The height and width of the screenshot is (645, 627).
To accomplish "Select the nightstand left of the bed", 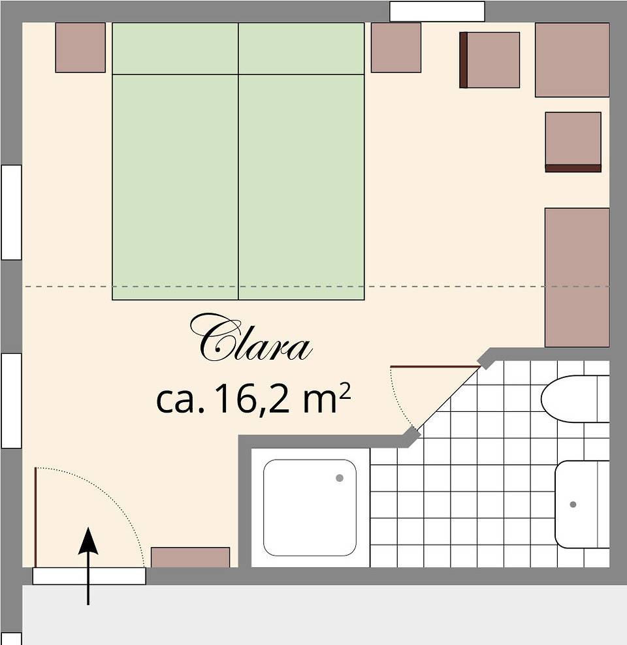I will pyautogui.click(x=80, y=48).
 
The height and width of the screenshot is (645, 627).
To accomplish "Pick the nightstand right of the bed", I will pyautogui.click(x=396, y=48).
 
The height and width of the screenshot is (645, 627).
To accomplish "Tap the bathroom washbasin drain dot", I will pyautogui.click(x=573, y=504).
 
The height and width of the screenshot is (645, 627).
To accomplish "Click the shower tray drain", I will pyautogui.click(x=339, y=478).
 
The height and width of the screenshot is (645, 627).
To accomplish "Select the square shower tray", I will pyautogui.click(x=310, y=507).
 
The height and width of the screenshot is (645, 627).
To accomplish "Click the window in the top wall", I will pyautogui.click(x=437, y=11).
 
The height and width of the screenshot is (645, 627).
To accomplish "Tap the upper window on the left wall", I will pyautogui.click(x=11, y=212).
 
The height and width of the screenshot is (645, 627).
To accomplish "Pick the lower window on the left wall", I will pyautogui.click(x=11, y=400).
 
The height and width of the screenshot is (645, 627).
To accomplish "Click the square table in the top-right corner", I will pyautogui.click(x=572, y=60).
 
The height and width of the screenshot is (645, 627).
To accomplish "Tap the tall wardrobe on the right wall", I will pyautogui.click(x=577, y=277).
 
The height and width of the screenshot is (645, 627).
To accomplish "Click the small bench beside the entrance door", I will pyautogui.click(x=190, y=557).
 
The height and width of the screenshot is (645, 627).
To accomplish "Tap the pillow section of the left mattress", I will pyautogui.click(x=175, y=49).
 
